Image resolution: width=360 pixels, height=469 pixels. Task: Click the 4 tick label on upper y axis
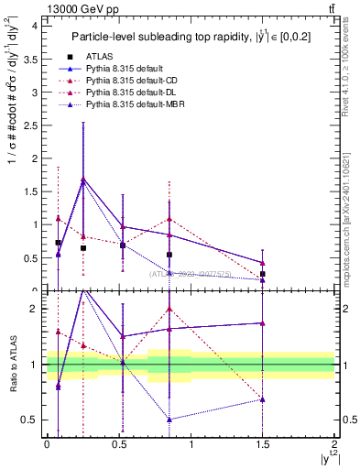click(x=34, y=26)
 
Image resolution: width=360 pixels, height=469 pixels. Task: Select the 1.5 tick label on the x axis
click(x=263, y=444)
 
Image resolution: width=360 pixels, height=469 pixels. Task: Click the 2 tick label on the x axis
click(x=334, y=444)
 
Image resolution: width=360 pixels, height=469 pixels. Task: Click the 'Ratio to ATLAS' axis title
click(x=11, y=364)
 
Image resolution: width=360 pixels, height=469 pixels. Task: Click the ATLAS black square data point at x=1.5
click(x=263, y=274)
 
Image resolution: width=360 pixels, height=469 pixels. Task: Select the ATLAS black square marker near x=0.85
click(x=169, y=255)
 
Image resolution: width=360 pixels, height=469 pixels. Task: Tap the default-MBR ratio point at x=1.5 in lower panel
click(x=263, y=399)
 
